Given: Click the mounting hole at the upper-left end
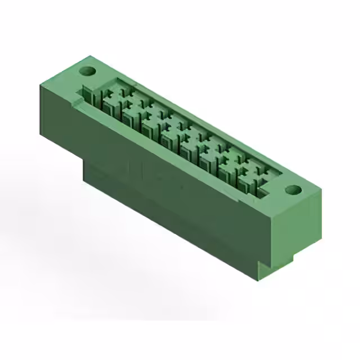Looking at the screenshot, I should click(87, 71).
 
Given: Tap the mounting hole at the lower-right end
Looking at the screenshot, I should click(292, 190).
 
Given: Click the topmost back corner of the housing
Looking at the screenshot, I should click(90, 56).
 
